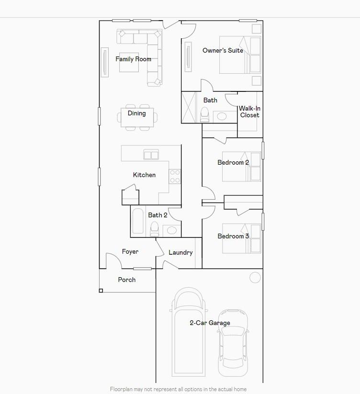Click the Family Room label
[x=133, y=59]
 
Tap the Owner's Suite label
[x=223, y=50]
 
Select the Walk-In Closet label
[x=249, y=112]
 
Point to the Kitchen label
[x=144, y=175]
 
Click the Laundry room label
[x=180, y=253]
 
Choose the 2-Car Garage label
[x=210, y=323]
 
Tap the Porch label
[x=127, y=280]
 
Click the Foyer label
[x=130, y=252]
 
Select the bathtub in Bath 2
[x=138, y=221]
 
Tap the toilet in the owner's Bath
[x=205, y=114]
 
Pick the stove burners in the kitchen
[x=175, y=177]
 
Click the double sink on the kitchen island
[x=151, y=155]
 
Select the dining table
[x=137, y=117]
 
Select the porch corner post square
[x=101, y=291]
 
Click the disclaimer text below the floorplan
[x=178, y=389]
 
